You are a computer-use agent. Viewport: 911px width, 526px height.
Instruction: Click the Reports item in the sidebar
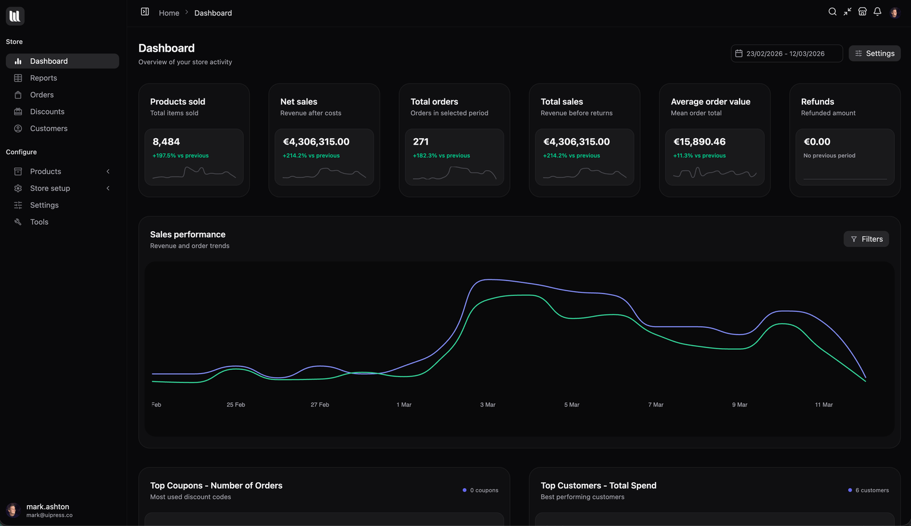43,78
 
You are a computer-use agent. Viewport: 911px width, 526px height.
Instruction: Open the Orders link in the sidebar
42,95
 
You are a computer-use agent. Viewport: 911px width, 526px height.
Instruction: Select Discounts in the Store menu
47,111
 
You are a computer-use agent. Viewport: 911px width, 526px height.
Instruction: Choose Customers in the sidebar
49,129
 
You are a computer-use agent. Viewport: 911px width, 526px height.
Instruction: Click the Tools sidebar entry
39,222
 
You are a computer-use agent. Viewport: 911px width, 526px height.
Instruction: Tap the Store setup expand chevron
108,189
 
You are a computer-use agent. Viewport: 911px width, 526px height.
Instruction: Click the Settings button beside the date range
874,53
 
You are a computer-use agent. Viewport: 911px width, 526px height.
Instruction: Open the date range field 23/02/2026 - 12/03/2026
786,53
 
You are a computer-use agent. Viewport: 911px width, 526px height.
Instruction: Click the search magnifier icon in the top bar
832,12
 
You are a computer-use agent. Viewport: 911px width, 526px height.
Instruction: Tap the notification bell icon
877,12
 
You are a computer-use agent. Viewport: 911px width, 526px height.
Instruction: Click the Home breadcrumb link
169,13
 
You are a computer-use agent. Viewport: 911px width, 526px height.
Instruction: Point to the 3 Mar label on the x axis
488,405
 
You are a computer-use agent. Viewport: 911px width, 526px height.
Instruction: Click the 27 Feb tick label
320,405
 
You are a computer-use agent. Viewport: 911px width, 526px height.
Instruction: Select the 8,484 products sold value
166,142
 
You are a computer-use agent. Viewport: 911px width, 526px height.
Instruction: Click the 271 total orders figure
421,142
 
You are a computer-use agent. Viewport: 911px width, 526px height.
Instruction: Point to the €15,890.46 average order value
699,142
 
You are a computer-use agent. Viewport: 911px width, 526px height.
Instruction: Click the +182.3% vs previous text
441,156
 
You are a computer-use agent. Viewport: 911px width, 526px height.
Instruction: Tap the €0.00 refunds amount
817,142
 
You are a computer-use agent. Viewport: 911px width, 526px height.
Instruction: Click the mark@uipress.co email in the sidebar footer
49,515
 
